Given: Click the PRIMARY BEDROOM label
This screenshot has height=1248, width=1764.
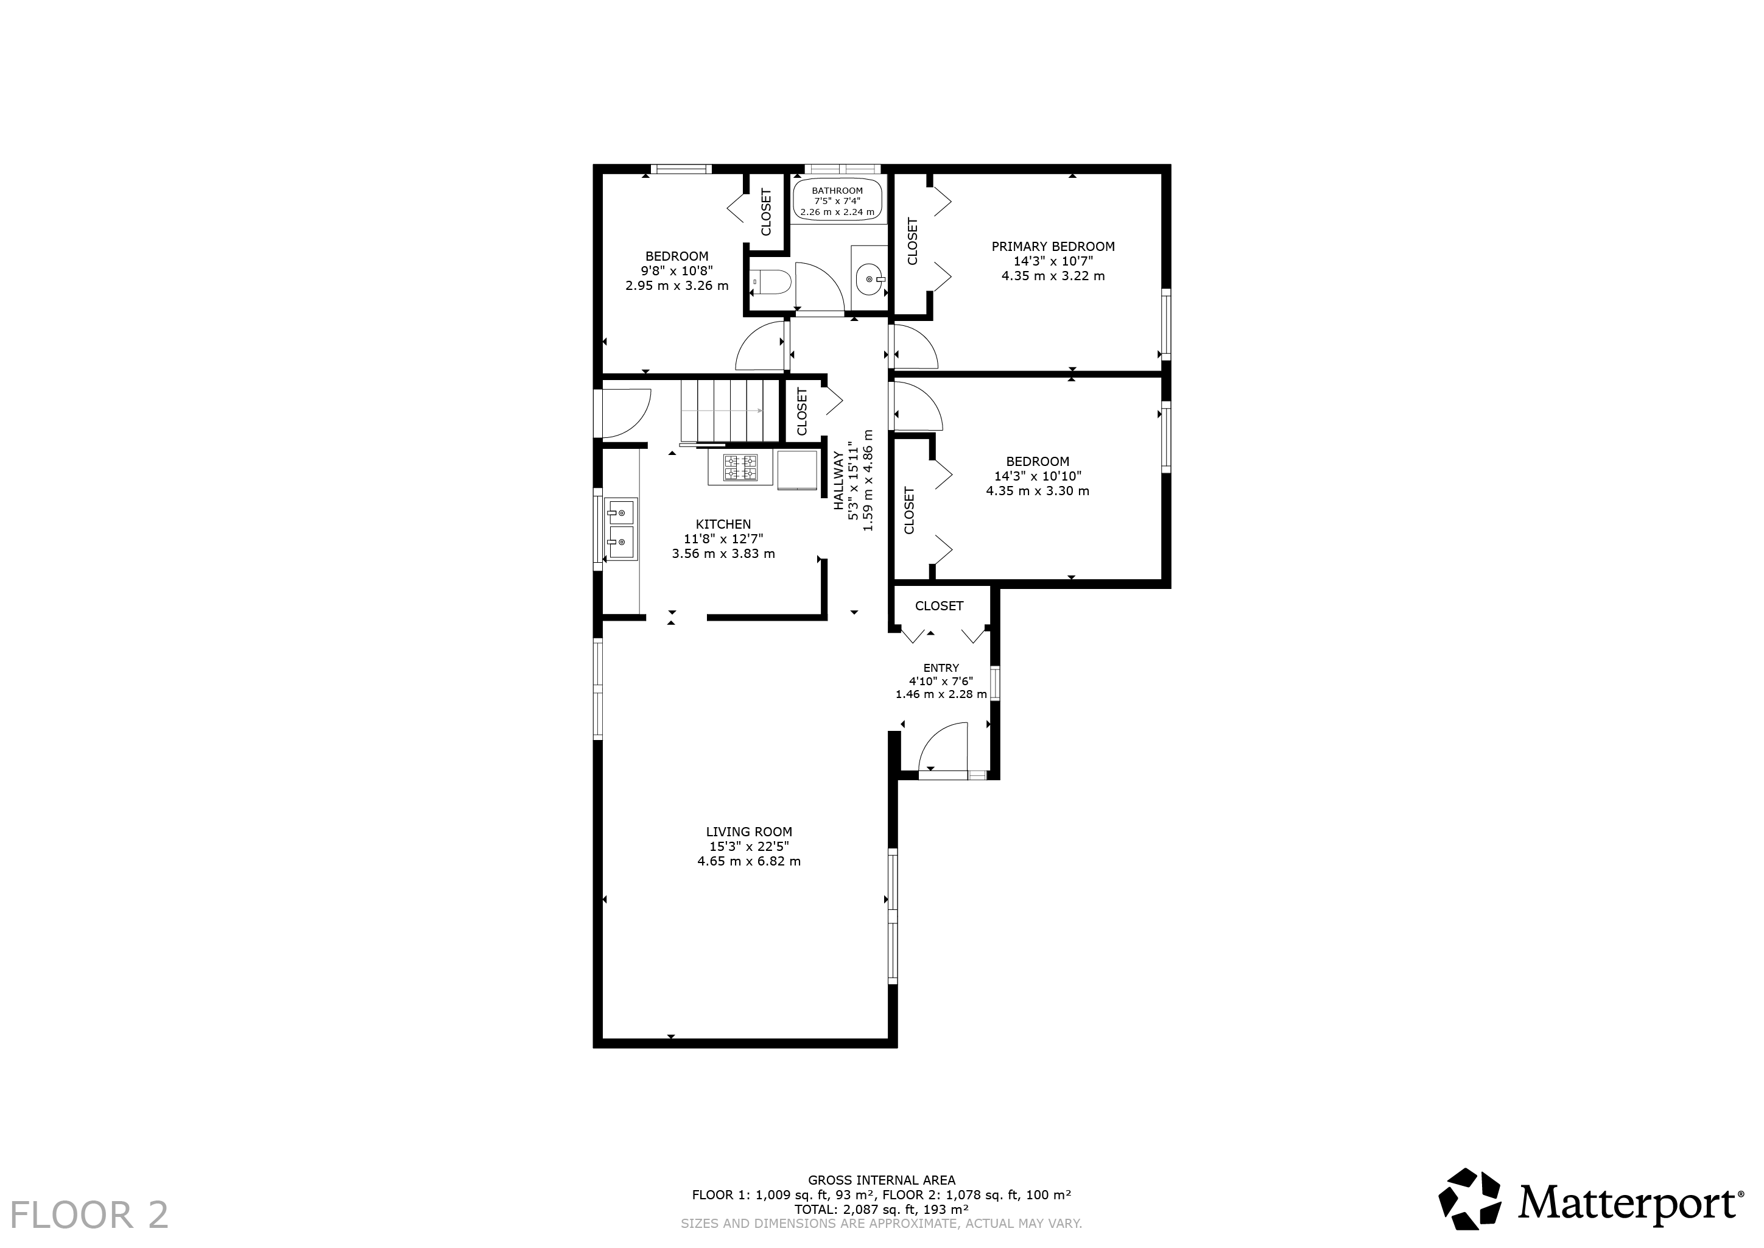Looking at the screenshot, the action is (1053, 247).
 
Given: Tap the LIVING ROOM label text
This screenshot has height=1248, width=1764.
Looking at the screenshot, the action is (748, 831).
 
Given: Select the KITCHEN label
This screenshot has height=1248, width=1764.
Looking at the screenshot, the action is (723, 524).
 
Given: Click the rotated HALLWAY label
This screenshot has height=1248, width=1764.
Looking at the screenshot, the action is (838, 481).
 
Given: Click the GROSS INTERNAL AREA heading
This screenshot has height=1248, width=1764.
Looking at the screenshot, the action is (881, 1180).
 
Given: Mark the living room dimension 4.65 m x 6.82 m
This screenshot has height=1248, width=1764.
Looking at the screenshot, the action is (749, 861).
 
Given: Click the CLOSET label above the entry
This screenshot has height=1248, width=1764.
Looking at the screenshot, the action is (939, 605).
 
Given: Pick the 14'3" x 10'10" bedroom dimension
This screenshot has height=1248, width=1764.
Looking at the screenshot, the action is (1038, 476).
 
